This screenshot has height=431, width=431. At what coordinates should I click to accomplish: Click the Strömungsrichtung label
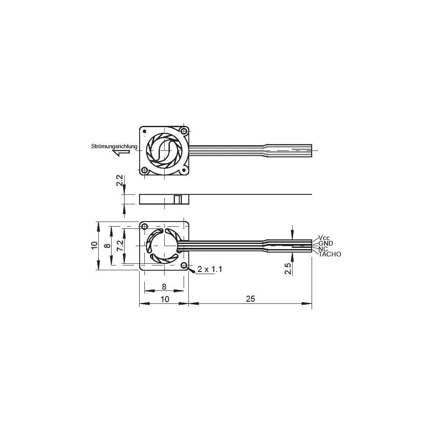(x=114, y=147)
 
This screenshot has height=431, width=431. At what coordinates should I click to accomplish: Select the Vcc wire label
(x=324, y=237)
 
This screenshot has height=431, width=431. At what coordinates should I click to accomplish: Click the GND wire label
(x=325, y=243)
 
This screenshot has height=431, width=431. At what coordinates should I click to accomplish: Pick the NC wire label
(x=323, y=249)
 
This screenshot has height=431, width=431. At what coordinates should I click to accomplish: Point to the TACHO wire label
(x=330, y=254)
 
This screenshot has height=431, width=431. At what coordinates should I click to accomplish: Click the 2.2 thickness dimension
(x=120, y=181)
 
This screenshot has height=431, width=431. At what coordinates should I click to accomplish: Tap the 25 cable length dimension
(x=250, y=299)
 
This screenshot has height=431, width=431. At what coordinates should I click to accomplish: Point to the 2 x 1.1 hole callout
(x=209, y=269)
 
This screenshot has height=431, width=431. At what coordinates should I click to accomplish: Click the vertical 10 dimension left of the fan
(x=94, y=246)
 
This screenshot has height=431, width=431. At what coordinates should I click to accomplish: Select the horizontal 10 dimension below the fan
(x=164, y=299)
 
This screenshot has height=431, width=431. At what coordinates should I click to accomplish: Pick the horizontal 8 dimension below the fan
(x=164, y=286)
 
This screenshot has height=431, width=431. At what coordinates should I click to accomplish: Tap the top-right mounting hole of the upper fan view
(x=184, y=131)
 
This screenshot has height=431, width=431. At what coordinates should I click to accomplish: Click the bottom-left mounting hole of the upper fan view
(x=145, y=170)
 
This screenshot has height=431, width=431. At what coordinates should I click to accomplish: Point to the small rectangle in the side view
(x=177, y=199)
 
